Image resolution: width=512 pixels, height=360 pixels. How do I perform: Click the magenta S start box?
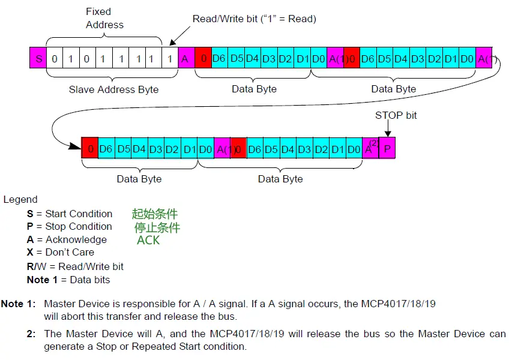coord(39,59)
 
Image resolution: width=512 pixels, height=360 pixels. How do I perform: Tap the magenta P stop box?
coord(388,148)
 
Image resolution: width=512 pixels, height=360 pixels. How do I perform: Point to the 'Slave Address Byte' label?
coord(114,89)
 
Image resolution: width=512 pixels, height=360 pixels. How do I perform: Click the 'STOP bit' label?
coord(396,115)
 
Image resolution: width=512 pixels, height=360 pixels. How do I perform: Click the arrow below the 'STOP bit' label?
coord(388,128)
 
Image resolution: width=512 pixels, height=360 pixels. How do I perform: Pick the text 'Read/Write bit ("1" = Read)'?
coord(254,19)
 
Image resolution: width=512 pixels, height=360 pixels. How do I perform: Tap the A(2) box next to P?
coord(371,148)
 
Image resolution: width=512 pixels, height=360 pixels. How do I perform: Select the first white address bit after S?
coord(55,59)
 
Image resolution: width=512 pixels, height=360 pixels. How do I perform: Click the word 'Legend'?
coord(20,200)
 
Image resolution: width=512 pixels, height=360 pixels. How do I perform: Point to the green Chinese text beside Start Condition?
coord(155,214)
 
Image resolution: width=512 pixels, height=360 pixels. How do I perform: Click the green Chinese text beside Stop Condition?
coord(157,227)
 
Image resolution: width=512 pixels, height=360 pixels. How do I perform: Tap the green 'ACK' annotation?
coord(148,240)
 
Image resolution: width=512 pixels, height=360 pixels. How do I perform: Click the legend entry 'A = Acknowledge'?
coord(67,240)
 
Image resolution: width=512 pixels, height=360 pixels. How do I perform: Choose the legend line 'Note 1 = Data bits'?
coord(68,280)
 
